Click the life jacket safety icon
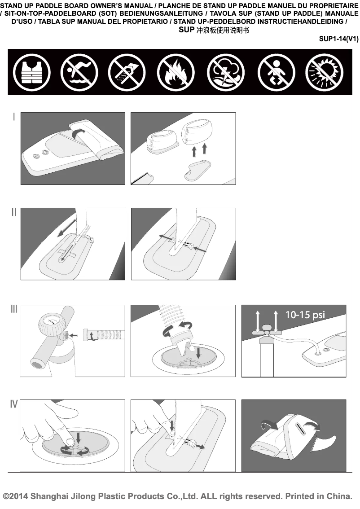coord(31,72)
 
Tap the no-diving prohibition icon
coord(79,72)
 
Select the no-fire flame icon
coord(176,72)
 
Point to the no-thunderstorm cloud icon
coord(226,72)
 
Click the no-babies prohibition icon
coord(276,72)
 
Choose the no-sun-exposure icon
coord(324,72)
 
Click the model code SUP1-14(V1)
coord(338,39)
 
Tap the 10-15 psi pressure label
coord(305,315)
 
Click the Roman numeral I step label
coord(13,117)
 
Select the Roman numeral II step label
coord(13,212)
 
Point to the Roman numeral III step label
coord(13,309)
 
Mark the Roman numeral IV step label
coord(13,404)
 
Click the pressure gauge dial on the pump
coord(51,322)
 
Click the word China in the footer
coord(339,496)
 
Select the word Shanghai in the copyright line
coord(49,497)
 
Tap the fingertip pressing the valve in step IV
coord(69,439)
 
